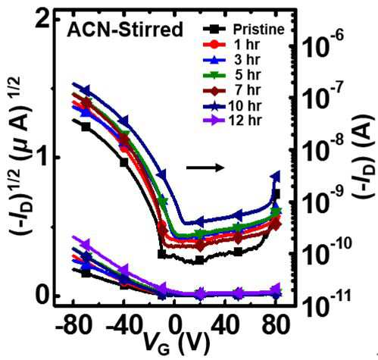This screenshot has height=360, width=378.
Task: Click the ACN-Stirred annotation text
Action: [124, 30]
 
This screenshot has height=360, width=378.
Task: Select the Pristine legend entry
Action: [243, 30]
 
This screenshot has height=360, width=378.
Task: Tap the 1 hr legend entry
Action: [231, 45]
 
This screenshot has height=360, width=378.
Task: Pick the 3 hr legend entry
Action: [231, 60]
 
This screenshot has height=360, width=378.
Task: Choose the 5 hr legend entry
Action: [232, 75]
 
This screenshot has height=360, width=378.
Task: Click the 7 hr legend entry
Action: [232, 90]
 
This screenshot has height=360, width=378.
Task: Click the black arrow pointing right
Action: [205, 167]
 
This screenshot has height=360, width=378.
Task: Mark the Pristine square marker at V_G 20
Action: [199, 260]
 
